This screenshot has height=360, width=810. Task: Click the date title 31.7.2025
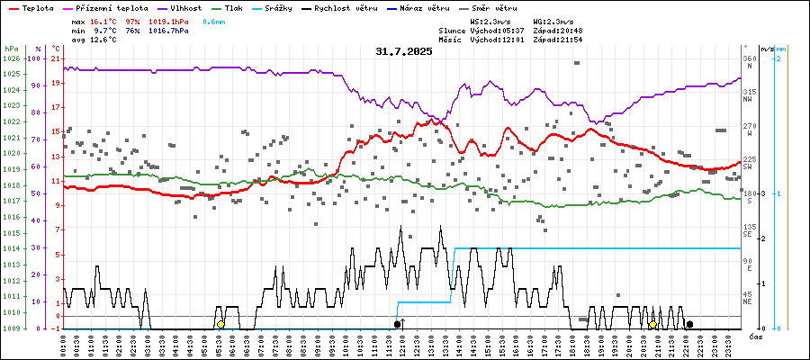click(x=404, y=51)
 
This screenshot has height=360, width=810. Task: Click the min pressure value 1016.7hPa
click(x=168, y=30)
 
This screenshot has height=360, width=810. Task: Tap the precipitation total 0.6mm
click(x=214, y=21)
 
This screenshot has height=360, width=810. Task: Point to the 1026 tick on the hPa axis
click(x=12, y=58)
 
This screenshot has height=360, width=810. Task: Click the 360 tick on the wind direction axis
click(x=749, y=58)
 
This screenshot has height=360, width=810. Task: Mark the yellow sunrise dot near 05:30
click(x=220, y=324)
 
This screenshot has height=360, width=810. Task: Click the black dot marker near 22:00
click(x=689, y=324)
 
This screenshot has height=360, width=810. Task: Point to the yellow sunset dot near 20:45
click(x=652, y=324)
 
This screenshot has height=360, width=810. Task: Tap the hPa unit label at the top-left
click(x=11, y=49)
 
